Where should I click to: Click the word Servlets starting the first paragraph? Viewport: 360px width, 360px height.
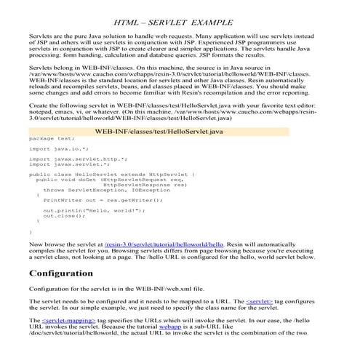[x=41, y=34]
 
